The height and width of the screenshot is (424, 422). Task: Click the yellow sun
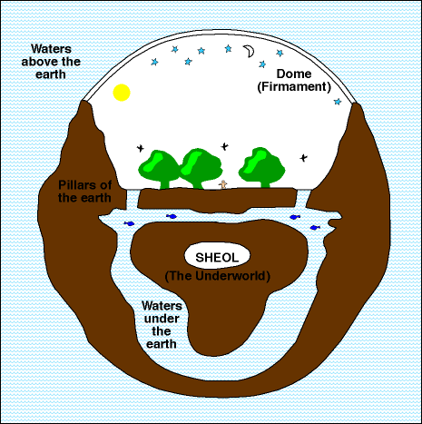122,93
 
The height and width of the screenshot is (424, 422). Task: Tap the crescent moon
250,52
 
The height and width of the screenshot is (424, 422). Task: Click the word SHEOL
217,258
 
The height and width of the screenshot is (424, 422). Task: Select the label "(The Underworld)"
218,276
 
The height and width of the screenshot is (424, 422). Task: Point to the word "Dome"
294,74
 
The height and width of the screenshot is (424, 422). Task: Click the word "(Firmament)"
294,87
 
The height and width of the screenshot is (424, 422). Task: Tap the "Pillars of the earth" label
84,192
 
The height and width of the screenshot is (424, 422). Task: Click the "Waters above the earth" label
51,62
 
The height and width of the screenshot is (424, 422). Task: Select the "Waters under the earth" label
162,325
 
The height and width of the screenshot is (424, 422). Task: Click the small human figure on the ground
223,184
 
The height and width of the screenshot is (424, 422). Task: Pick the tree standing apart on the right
261,167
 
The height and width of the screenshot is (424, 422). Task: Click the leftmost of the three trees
159,170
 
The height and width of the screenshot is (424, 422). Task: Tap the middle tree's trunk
198,183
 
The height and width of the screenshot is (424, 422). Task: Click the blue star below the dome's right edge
338,102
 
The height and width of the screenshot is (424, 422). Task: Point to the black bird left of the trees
141,148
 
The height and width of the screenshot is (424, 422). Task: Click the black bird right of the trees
303,158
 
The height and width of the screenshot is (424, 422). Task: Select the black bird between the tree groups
224,146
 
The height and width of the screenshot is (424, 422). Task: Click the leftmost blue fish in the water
129,223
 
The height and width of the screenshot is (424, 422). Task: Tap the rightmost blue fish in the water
315,227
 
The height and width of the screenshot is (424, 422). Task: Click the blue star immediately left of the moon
228,48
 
